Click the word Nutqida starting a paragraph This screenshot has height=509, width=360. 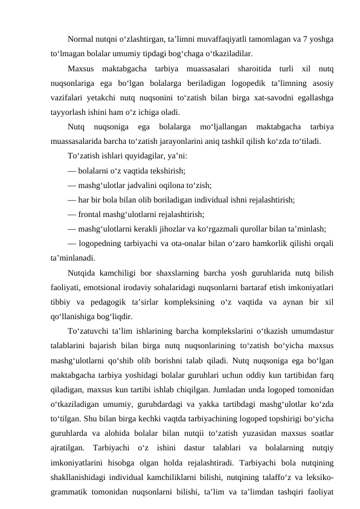pyautogui.click(x=83, y=273)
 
